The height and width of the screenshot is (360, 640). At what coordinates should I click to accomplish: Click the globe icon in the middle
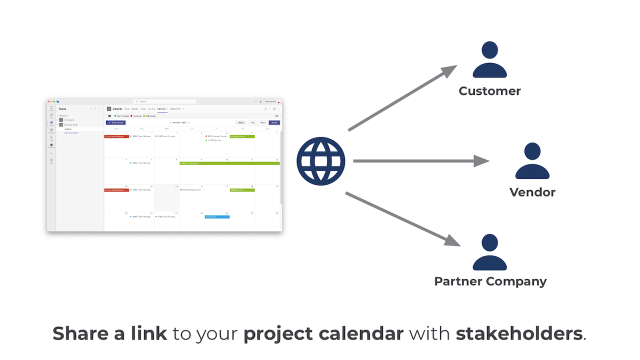click(x=320, y=161)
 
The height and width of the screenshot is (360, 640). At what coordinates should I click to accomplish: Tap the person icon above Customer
click(x=489, y=59)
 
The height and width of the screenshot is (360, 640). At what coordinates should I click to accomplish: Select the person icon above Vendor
click(x=532, y=161)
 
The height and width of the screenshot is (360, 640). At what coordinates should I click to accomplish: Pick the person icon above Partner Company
click(x=489, y=252)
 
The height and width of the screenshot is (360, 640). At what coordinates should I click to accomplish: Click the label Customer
click(x=489, y=91)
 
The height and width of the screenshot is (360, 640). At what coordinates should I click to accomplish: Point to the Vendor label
click(x=532, y=192)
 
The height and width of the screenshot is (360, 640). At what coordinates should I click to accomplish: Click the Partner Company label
click(x=490, y=281)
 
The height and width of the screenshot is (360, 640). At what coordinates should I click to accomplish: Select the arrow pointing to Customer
click(x=402, y=98)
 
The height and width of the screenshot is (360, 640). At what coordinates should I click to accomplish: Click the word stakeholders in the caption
click(x=519, y=333)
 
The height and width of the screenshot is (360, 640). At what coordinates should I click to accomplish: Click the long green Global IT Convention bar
click(x=229, y=163)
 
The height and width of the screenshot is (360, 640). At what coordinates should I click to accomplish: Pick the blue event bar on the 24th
click(x=217, y=217)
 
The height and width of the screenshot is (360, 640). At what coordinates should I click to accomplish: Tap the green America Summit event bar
click(x=242, y=136)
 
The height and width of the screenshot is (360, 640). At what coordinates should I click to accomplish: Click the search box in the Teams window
click(x=165, y=101)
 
